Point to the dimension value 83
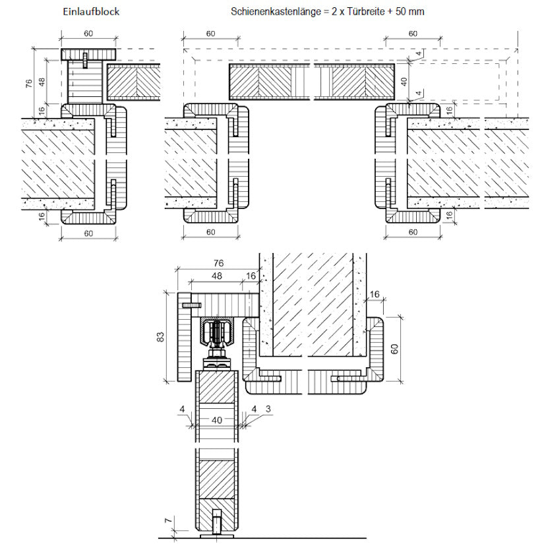(x=160, y=337)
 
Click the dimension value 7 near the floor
(x=166, y=522)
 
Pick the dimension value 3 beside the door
(x=268, y=409)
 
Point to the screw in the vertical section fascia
(x=191, y=305)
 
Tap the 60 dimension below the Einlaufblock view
(x=88, y=232)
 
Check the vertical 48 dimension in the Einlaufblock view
(x=42, y=81)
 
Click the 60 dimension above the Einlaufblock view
(x=88, y=34)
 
